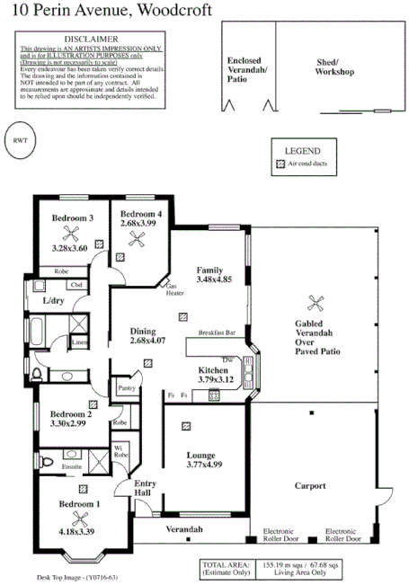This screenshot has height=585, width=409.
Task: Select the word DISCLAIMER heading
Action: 90,40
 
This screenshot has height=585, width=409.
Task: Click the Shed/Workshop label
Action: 334,66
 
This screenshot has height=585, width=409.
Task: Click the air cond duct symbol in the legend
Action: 280,164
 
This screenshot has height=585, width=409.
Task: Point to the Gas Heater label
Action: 174,290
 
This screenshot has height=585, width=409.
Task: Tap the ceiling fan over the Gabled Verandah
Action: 316,303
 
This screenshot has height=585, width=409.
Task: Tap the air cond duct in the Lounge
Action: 186,427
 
